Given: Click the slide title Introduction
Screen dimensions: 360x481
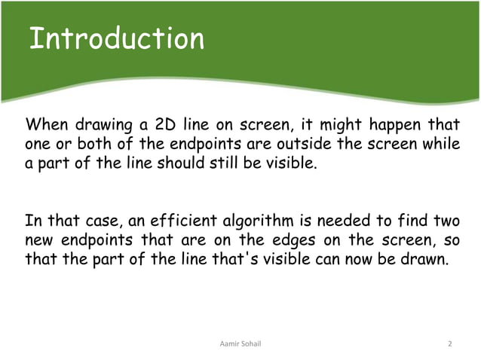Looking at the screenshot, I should coord(116,39).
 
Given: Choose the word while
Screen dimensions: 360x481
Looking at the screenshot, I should coord(437,143).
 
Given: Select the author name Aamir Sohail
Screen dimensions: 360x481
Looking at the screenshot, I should coord(240,344).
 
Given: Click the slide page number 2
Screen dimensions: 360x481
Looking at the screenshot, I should coord(449,344).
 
